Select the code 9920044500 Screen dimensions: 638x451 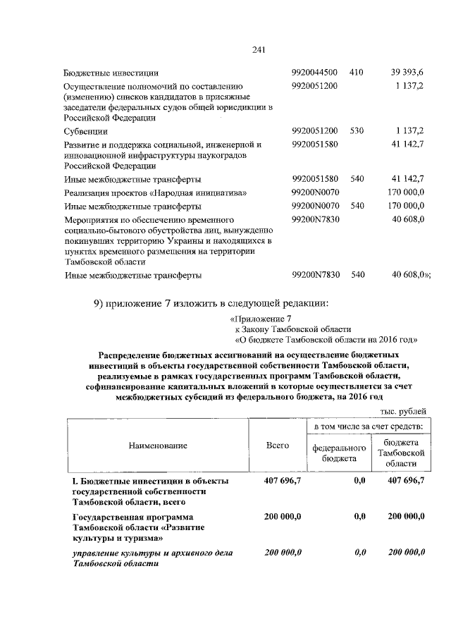(x=315, y=73)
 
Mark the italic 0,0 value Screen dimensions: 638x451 (x=360, y=552)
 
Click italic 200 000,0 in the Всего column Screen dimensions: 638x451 (x=283, y=552)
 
